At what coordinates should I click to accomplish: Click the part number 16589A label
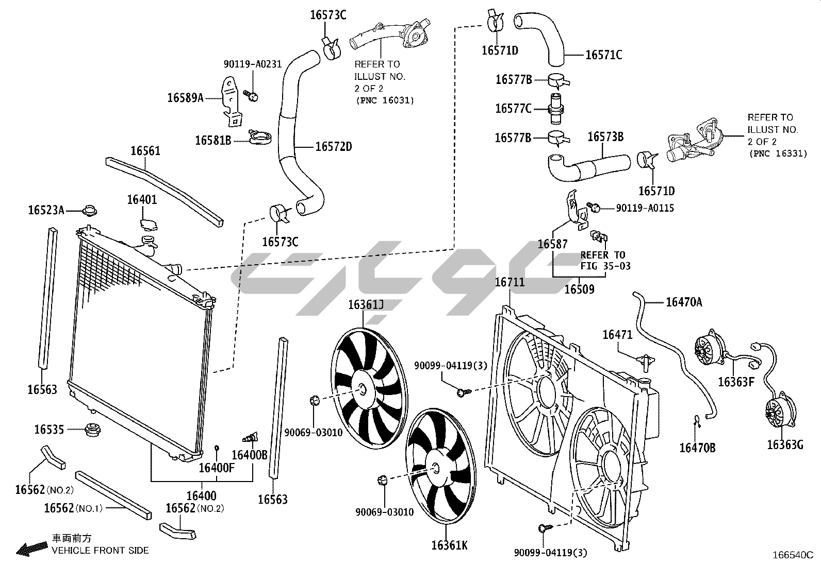[185, 97]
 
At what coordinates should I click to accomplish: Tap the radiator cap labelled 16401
[150, 224]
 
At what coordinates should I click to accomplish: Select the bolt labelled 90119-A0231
[252, 96]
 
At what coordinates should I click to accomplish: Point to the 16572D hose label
[333, 147]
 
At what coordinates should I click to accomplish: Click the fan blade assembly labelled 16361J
[368, 390]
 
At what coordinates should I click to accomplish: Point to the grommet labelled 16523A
[91, 210]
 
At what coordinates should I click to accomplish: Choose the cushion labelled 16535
[93, 429]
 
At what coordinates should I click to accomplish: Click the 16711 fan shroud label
[510, 282]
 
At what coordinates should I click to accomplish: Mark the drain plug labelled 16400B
[250, 438]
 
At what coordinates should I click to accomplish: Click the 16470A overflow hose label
[684, 302]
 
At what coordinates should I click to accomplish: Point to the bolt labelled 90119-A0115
[595, 208]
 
